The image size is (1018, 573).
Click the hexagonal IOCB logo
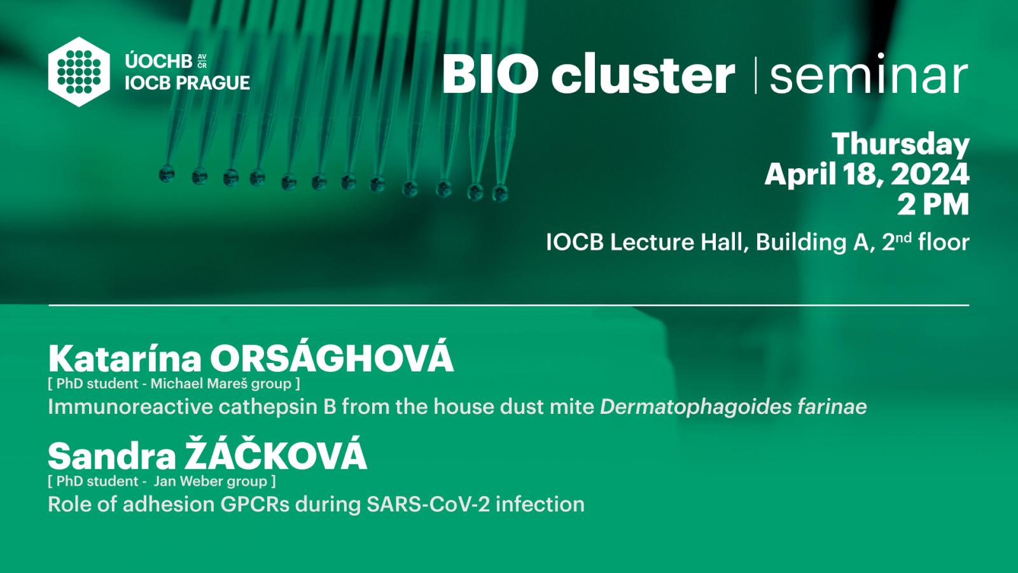[79, 72]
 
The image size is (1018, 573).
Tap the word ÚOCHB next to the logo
[158, 61]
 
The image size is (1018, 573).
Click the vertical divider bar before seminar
[755, 75]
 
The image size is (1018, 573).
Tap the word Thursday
[900, 145]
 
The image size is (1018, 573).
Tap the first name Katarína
[125, 359]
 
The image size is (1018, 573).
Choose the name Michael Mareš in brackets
[198, 384]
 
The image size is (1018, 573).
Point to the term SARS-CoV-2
[428, 504]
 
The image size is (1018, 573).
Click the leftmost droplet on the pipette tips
[167, 174]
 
